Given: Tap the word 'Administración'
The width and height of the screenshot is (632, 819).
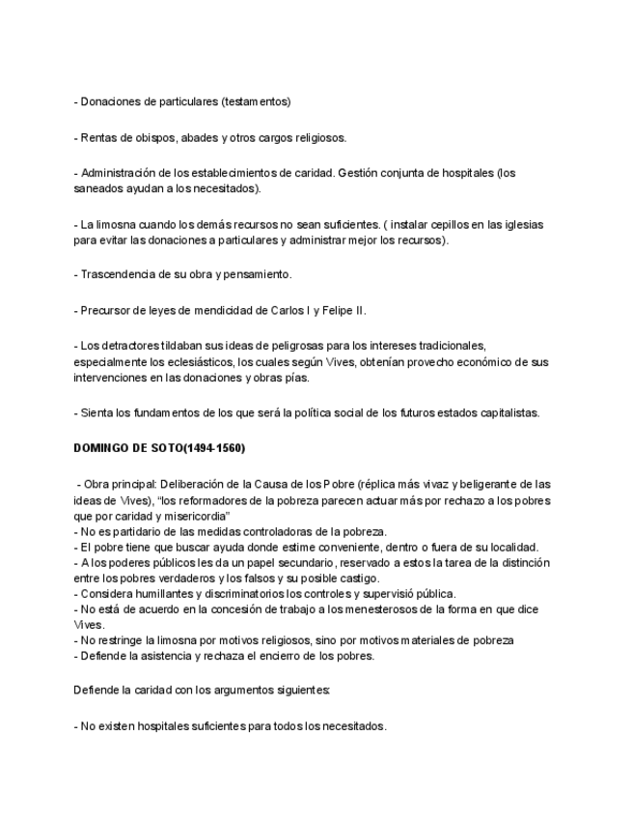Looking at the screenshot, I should pyautogui.click(x=120, y=173).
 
